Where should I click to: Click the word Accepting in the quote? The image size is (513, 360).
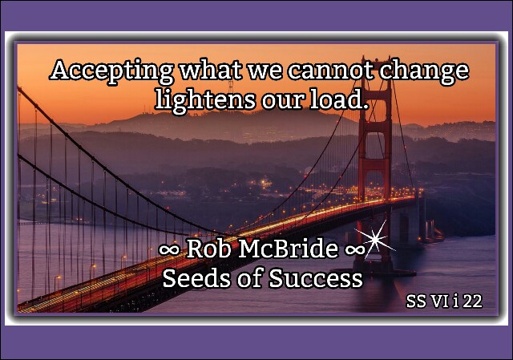[111, 71]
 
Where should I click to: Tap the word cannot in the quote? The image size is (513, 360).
[330, 70]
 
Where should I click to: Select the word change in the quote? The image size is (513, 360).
[424, 71]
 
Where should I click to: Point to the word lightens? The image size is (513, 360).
[205, 100]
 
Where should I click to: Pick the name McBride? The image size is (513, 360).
[289, 249]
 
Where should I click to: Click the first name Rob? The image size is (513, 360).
[208, 249]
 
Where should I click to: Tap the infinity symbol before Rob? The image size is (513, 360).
[169, 250]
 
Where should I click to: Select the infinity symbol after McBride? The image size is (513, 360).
[355, 250]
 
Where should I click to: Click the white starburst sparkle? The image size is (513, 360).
[376, 239]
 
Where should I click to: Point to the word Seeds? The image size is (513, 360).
[196, 278]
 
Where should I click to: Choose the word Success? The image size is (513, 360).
[316, 278]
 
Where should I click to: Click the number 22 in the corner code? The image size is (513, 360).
[473, 301]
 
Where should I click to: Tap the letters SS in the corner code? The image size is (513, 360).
[417, 301]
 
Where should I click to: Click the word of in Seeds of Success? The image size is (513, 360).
[249, 278]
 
